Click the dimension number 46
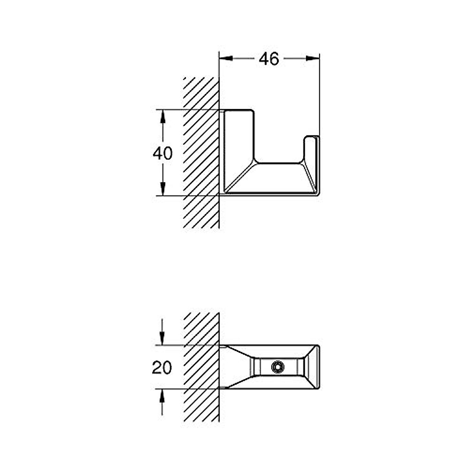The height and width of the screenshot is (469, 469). click(269, 59)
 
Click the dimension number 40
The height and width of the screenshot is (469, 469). click(163, 153)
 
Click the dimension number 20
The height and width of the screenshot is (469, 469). click(162, 367)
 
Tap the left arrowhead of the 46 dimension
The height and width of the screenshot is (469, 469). click(226, 58)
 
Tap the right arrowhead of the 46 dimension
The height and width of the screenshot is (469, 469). click(313, 58)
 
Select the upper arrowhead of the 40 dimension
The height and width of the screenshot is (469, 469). click(163, 116)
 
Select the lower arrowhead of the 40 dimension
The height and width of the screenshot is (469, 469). click(163, 189)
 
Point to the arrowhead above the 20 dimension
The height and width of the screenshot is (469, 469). click(162, 338)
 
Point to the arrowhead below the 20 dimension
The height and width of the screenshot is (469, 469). click(162, 396)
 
